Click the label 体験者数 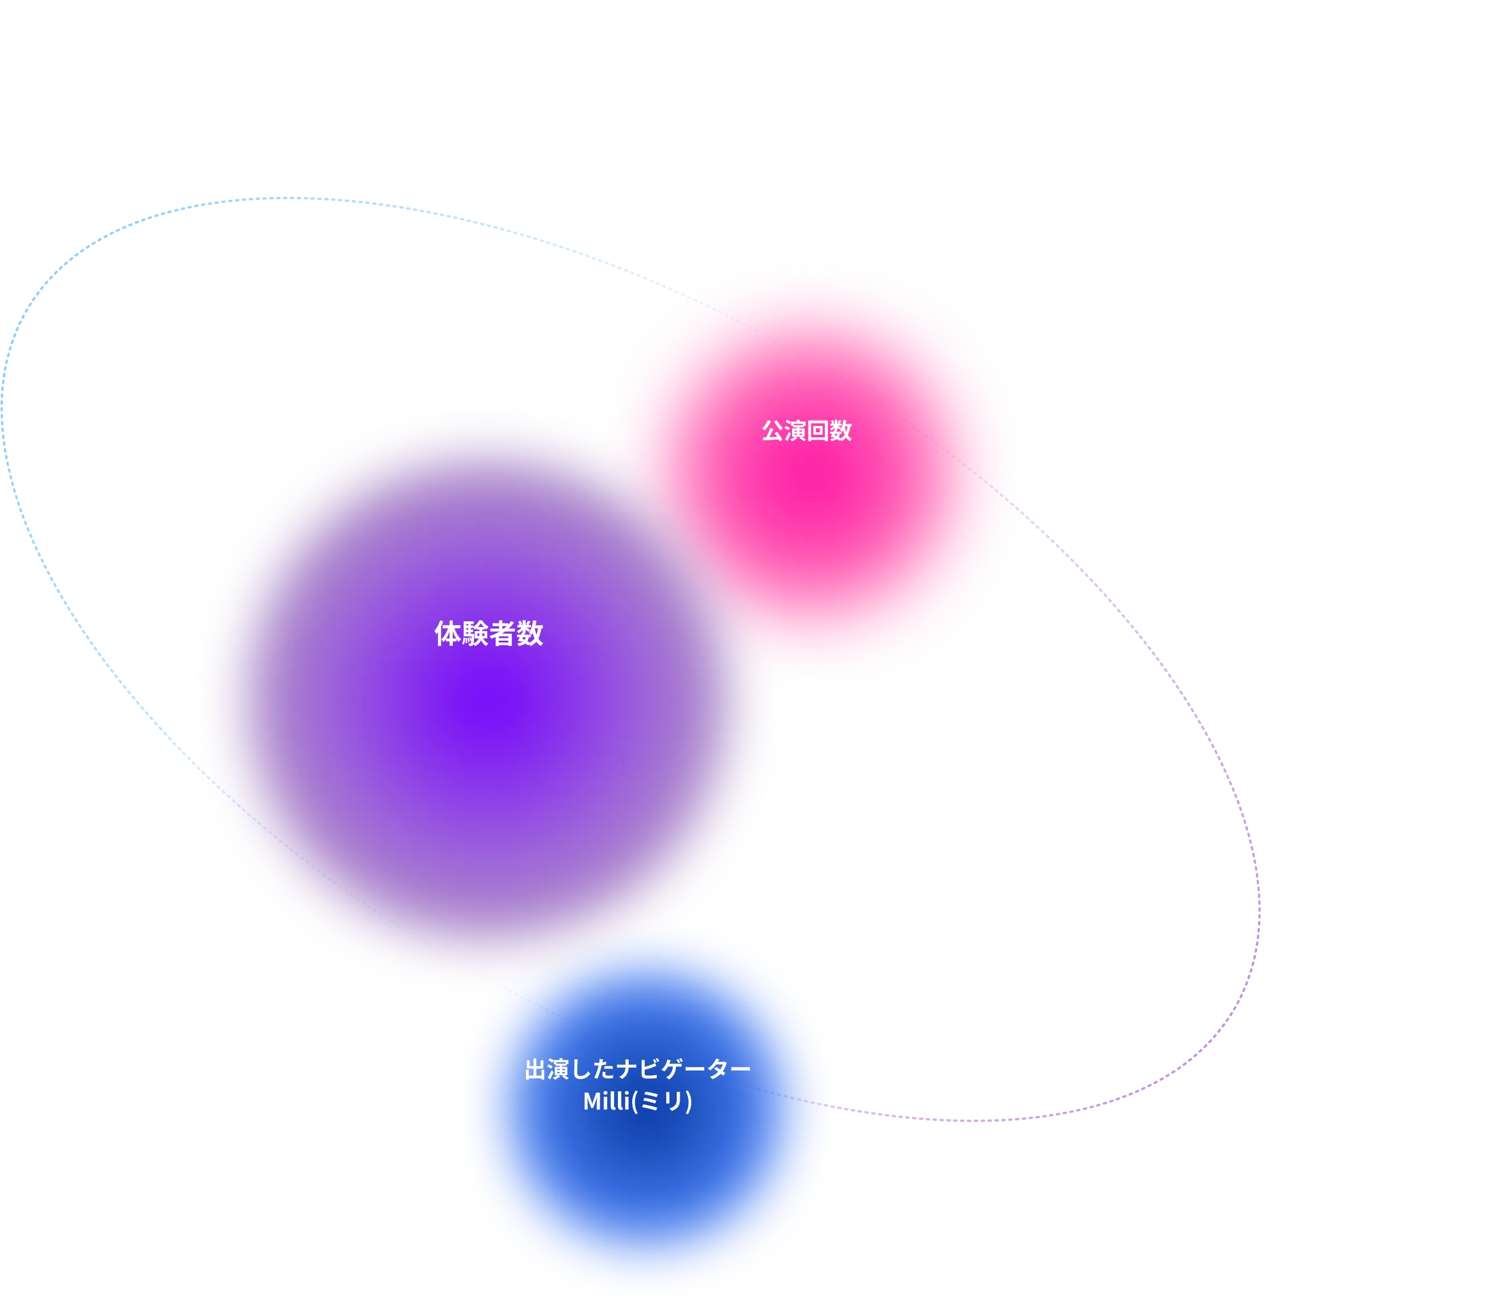point(488,633)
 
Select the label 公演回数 point(806,430)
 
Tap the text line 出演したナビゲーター point(637,1069)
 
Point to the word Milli point(606,1101)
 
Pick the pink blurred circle point(814,480)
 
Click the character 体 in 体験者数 point(448,633)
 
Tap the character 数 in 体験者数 point(529,633)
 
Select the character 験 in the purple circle point(475,633)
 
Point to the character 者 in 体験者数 point(502,633)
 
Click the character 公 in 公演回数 point(773,430)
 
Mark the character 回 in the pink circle point(818,430)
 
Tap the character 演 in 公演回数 point(795,430)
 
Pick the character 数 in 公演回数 point(841,430)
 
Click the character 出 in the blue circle point(536,1069)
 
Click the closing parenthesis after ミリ point(689,1102)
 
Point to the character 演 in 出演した point(558,1069)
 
